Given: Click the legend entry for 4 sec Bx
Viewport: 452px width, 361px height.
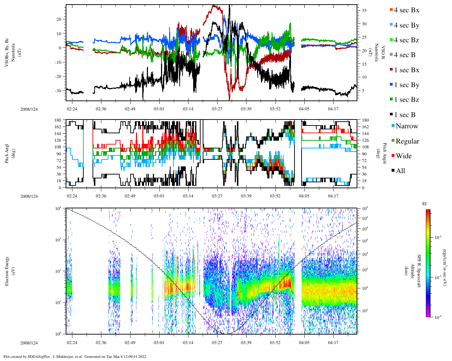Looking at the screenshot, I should (x=406, y=10).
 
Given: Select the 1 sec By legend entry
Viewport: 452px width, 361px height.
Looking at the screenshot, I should (x=406, y=85).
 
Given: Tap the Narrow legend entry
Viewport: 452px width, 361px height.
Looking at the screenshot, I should (x=406, y=126).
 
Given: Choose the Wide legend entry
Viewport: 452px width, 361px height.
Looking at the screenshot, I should (x=403, y=156).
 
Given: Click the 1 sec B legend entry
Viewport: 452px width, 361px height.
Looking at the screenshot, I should (x=405, y=115).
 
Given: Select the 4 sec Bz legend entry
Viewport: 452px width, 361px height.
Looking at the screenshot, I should (x=406, y=40).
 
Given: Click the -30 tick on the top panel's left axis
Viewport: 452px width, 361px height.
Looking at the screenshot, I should (x=59, y=91).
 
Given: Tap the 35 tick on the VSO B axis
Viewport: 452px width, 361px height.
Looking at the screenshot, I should (x=364, y=11).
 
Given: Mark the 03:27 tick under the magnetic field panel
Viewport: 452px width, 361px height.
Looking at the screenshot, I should (x=217, y=109).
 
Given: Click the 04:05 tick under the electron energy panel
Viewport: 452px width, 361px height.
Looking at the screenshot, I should (x=304, y=343).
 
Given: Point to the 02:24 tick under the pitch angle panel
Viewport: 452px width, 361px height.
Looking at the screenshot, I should (x=72, y=196).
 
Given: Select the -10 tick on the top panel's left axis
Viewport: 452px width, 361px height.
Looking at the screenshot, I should (x=59, y=62).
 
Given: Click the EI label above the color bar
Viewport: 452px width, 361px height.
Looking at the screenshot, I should (x=424, y=204).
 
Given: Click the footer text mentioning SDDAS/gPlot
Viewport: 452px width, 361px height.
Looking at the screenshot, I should (x=75, y=356).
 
